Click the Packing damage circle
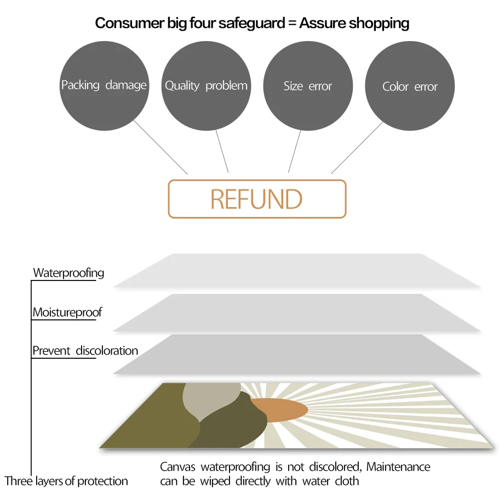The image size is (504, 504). tap(104, 85)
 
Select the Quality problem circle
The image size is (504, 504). tap(206, 85)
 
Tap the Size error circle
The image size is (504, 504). tap(308, 85)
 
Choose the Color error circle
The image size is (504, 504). tap(410, 87)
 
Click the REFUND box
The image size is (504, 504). tap(256, 199)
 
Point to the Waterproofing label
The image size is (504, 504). tap(68, 273)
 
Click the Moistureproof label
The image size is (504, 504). tap(67, 313)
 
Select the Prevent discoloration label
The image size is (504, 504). tap(85, 351)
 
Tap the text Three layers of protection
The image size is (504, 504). tap(66, 482)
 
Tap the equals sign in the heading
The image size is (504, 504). tap(290, 24)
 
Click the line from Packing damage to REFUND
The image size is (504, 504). tap(162, 147)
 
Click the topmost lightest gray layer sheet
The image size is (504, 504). tap(296, 271)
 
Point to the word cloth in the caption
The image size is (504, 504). tap(347, 482)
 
